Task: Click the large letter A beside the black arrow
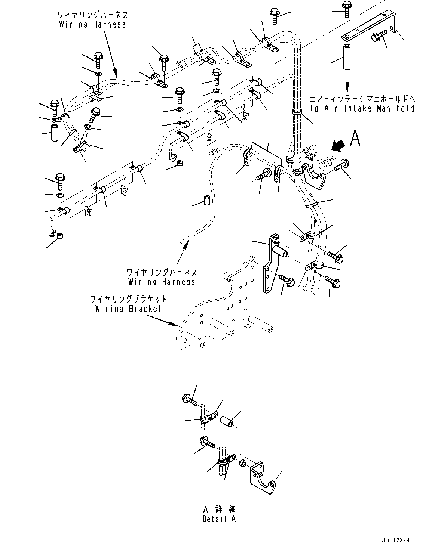click(355, 139)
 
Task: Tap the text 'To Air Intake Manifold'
click(362, 109)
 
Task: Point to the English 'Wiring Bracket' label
click(128, 309)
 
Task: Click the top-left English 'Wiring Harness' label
click(92, 24)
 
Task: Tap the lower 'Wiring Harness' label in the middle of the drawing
click(162, 281)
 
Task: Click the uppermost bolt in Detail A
click(190, 400)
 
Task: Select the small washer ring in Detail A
click(242, 464)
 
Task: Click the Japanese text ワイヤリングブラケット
click(128, 299)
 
